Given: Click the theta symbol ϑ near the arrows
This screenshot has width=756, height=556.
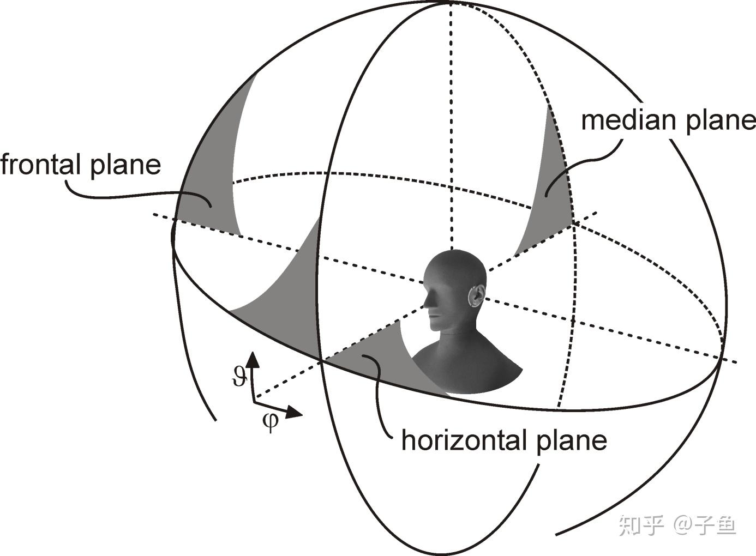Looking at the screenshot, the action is coord(239,376).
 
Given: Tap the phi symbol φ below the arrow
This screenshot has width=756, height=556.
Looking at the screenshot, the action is coord(270,421).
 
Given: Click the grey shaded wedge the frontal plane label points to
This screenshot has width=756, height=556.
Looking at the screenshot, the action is coord(210,180).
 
